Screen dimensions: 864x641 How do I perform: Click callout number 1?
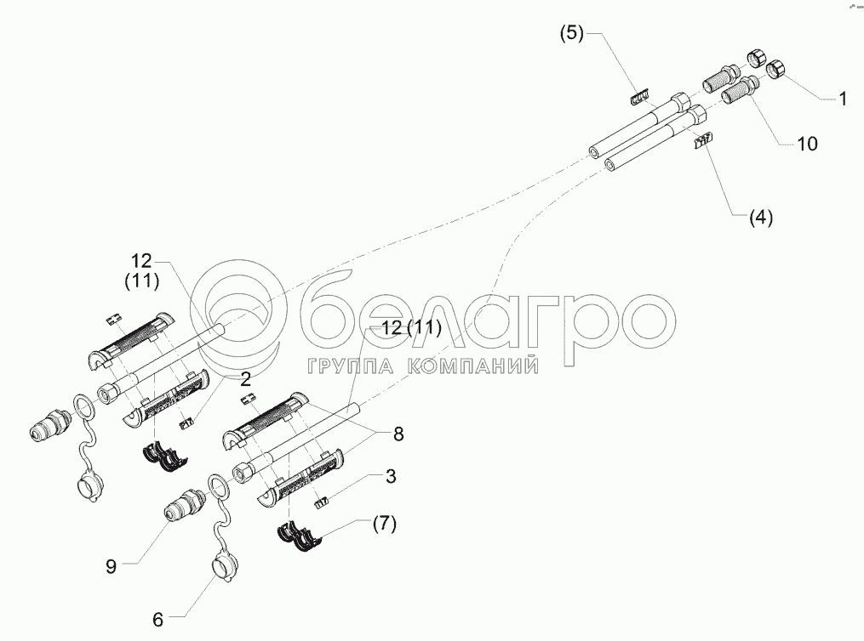click(843, 99)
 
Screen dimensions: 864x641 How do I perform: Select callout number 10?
click(807, 145)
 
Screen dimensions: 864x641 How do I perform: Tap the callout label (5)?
click(572, 33)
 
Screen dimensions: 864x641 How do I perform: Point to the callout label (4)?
click(761, 218)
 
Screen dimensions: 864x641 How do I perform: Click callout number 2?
click(245, 378)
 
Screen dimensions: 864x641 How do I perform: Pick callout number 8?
click(398, 434)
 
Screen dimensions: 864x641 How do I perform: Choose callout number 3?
click(391, 476)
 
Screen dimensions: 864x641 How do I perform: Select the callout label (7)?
click(385, 524)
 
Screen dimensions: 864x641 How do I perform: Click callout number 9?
click(112, 567)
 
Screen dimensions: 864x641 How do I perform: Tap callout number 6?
click(158, 620)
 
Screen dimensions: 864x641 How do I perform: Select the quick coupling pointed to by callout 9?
click(184, 503)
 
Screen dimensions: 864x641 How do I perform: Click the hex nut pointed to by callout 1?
click(776, 71)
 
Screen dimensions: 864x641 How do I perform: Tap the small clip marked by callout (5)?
click(639, 97)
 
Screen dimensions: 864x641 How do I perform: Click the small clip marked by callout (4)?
click(703, 140)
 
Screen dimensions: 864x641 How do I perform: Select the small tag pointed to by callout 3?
click(321, 502)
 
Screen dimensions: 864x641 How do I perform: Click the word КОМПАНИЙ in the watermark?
click(472, 366)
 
